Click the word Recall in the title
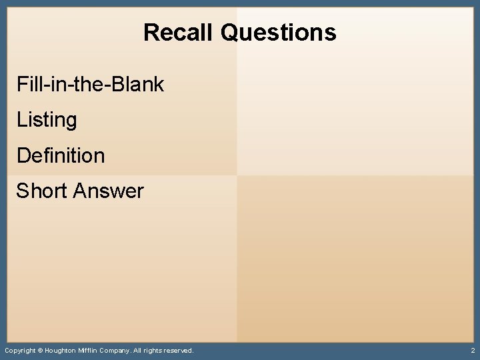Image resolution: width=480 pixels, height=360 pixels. point(179,32)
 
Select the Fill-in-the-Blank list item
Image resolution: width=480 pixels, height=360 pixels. point(90,85)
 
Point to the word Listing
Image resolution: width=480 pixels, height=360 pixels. point(47,121)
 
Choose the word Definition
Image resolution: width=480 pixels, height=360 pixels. point(61,156)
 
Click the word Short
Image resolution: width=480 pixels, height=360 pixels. point(42,191)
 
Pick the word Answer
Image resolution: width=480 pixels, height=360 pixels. point(109,191)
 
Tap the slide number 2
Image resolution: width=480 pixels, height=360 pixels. point(472,350)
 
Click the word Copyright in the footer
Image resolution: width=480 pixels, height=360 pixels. point(19,350)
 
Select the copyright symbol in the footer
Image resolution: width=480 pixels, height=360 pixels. point(39,350)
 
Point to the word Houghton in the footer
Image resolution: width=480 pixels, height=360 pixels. point(60,350)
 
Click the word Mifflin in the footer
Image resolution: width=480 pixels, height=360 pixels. point(89,350)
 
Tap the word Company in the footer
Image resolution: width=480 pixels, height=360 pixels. point(117,350)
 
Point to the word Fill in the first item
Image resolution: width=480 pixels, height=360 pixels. point(27,85)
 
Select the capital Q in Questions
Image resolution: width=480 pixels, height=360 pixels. point(229,32)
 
